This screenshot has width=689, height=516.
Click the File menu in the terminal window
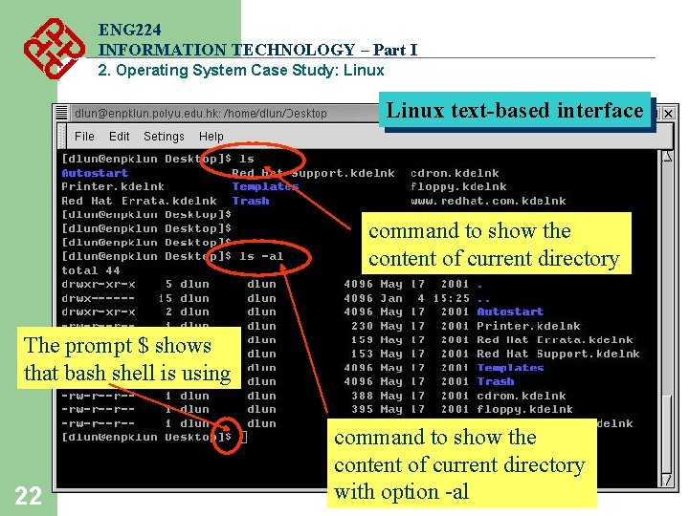(84, 137)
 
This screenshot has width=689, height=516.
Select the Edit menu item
(120, 137)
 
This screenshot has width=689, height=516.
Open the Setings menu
(164, 137)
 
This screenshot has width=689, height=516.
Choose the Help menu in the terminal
(211, 137)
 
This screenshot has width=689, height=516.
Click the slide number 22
(28, 495)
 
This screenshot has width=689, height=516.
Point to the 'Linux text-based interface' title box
(515, 111)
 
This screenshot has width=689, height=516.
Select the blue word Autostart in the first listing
(95, 173)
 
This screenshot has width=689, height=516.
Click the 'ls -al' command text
(261, 256)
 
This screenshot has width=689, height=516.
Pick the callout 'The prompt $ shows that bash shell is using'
(127, 359)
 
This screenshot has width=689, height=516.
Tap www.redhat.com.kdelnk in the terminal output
(488, 201)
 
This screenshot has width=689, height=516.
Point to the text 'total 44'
(91, 270)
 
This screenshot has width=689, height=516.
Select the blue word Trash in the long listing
(496, 381)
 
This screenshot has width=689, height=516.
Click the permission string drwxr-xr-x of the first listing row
(99, 284)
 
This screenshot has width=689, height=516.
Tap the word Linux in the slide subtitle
(358, 70)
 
